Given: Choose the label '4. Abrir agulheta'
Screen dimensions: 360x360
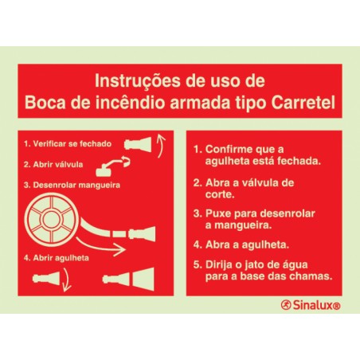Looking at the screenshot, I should [x=56, y=258].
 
